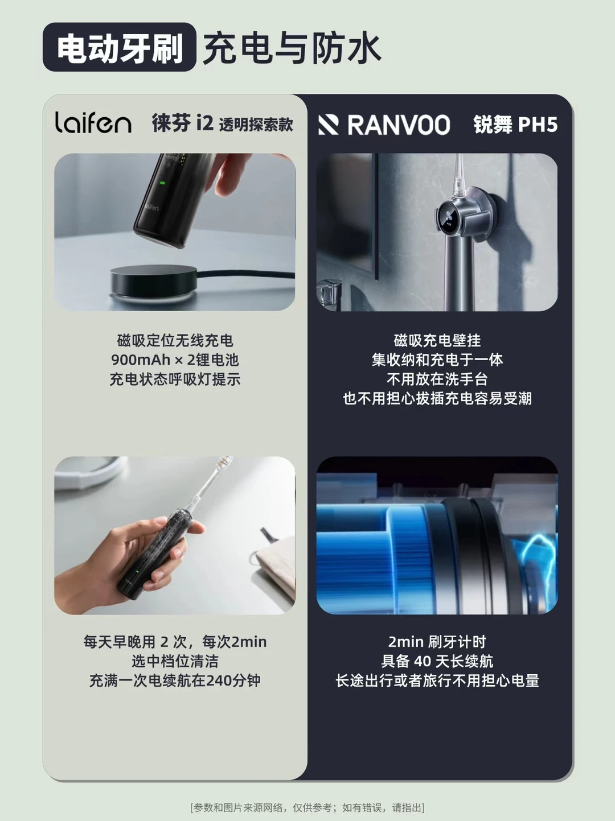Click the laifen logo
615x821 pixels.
[x=93, y=122]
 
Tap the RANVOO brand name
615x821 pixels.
[x=398, y=125]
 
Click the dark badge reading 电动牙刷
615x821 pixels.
[x=120, y=47]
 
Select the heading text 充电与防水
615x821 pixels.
[x=292, y=48]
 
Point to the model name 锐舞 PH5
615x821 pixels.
[x=515, y=125]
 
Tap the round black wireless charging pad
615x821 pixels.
[x=154, y=279]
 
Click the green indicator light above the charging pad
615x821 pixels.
[x=163, y=183]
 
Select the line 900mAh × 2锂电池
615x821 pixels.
[x=175, y=360]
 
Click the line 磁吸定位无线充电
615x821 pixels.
[x=175, y=340]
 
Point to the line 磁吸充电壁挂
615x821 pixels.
[x=437, y=340]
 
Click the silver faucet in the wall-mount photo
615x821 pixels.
[x=329, y=292]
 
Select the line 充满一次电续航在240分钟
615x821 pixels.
[x=175, y=680]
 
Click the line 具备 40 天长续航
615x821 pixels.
[x=437, y=661]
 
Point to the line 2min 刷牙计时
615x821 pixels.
[x=437, y=641]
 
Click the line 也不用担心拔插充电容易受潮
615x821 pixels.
[x=437, y=398]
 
